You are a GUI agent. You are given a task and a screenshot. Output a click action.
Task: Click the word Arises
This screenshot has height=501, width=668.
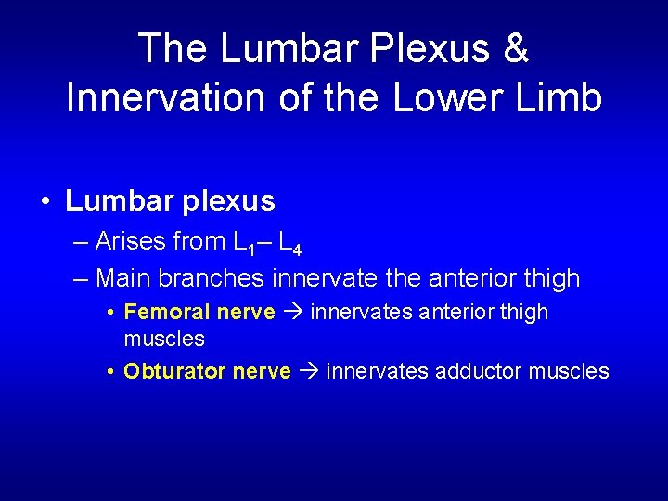(130, 242)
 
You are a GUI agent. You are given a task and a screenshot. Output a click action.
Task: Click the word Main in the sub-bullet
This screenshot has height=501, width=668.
(124, 277)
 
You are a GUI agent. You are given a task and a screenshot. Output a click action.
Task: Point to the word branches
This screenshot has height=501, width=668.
(212, 277)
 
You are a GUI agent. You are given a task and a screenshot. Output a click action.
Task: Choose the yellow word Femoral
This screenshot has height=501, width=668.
(161, 312)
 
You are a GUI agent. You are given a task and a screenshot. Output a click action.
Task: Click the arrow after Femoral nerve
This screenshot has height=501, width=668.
(293, 313)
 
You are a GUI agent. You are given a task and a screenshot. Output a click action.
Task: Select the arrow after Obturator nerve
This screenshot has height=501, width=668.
(309, 372)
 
